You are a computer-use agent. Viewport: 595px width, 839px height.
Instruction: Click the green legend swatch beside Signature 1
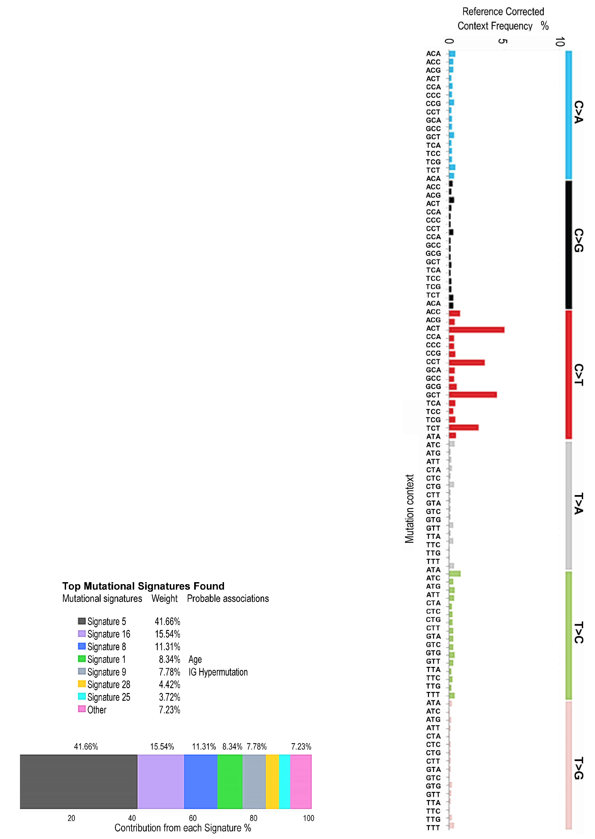[x=82, y=659]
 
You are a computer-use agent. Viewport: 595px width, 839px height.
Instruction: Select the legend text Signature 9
[x=107, y=672]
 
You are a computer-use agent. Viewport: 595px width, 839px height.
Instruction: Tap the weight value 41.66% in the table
[x=167, y=621]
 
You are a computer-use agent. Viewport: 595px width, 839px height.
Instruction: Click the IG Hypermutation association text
[x=218, y=672]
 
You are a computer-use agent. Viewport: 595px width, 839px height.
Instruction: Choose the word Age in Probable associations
[x=195, y=659]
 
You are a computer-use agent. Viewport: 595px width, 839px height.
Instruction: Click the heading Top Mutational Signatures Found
[x=143, y=586]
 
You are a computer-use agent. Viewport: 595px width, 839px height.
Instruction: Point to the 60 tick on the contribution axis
[x=193, y=818]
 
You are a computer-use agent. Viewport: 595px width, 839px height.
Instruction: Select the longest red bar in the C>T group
[x=476, y=330]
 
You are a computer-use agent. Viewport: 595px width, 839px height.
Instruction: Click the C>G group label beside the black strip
[x=578, y=240]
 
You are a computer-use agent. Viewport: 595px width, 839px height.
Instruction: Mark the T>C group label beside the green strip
[x=578, y=632]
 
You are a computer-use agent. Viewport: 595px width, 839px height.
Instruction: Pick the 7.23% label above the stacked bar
[x=301, y=747]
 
